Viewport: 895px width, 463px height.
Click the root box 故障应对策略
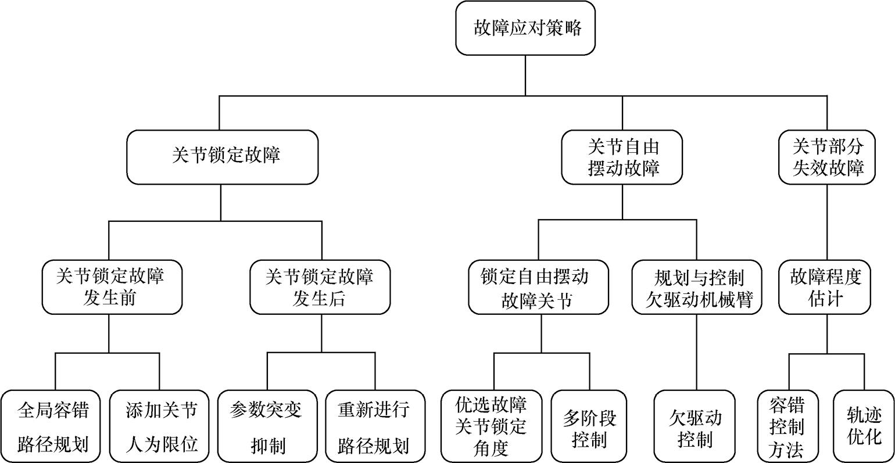[x=525, y=28]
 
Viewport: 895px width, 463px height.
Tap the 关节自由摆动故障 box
[x=622, y=157]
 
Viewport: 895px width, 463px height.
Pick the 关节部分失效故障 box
[x=828, y=157]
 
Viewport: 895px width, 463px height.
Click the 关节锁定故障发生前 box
[x=110, y=287]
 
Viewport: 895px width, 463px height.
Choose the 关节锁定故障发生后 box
[x=320, y=287]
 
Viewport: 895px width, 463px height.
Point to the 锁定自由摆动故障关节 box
[x=539, y=287]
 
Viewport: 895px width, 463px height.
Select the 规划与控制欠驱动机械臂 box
[x=697, y=287]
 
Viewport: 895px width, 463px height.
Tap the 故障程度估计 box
[x=825, y=287]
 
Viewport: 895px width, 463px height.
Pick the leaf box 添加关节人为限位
[x=160, y=426]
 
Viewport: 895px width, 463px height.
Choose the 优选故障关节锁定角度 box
[x=492, y=426]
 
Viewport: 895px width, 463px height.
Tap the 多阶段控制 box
[x=590, y=426]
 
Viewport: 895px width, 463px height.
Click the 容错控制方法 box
[x=789, y=426]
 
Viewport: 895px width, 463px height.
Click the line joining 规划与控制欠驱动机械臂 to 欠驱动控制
[x=696, y=351]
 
